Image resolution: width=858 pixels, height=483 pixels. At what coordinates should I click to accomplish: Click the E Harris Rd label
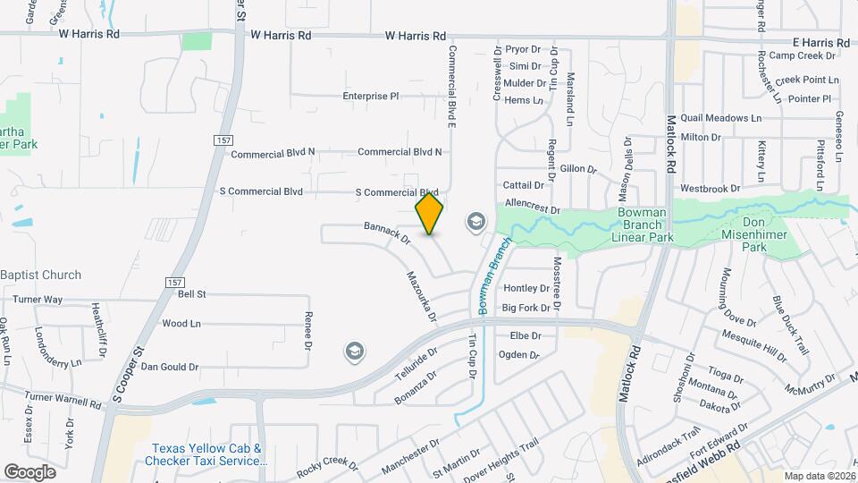tap(820, 43)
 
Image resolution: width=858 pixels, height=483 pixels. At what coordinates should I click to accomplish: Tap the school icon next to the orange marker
tap(475, 221)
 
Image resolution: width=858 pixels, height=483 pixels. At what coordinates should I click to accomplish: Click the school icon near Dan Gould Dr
tap(355, 352)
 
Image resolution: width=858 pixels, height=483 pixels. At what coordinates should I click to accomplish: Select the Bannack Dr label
tap(386, 233)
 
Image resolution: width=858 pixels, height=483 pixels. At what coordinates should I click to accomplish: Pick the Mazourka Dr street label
tap(421, 296)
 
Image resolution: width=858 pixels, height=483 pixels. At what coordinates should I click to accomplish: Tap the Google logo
tap(30, 471)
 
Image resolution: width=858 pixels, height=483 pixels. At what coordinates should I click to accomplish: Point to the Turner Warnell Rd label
tap(63, 399)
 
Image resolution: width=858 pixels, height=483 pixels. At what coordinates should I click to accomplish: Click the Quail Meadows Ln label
tap(720, 118)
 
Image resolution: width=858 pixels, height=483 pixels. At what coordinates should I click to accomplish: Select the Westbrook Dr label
tap(710, 189)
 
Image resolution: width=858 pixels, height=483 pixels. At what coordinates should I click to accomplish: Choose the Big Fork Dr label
tap(526, 308)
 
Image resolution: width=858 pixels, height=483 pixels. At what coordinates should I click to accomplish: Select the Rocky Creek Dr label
tap(327, 462)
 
